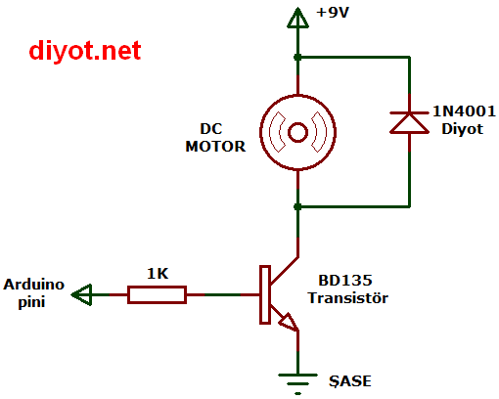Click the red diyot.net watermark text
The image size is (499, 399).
click(x=85, y=51)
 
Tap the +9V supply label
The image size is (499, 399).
click(x=333, y=13)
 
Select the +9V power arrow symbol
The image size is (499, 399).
click(x=297, y=18)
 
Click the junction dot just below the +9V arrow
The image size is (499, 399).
click(x=297, y=58)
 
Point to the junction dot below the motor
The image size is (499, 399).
click(x=297, y=206)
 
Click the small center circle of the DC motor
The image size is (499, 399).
click(x=297, y=132)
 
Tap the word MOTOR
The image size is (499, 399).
click(x=215, y=147)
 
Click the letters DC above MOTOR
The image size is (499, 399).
click(x=211, y=129)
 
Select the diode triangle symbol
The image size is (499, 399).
click(x=409, y=123)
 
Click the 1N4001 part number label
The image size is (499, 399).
click(x=464, y=111)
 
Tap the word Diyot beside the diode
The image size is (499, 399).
click(x=462, y=129)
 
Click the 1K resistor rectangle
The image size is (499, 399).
click(x=157, y=294)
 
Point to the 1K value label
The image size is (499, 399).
click(x=158, y=274)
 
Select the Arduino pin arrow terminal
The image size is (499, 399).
click(x=81, y=294)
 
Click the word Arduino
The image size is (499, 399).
click(x=33, y=285)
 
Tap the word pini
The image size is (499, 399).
click(x=31, y=302)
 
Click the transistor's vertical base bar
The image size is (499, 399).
click(x=265, y=294)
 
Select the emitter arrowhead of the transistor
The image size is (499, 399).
click(x=289, y=322)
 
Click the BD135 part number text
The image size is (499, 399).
click(x=345, y=281)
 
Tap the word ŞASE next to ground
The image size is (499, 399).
click(x=349, y=381)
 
